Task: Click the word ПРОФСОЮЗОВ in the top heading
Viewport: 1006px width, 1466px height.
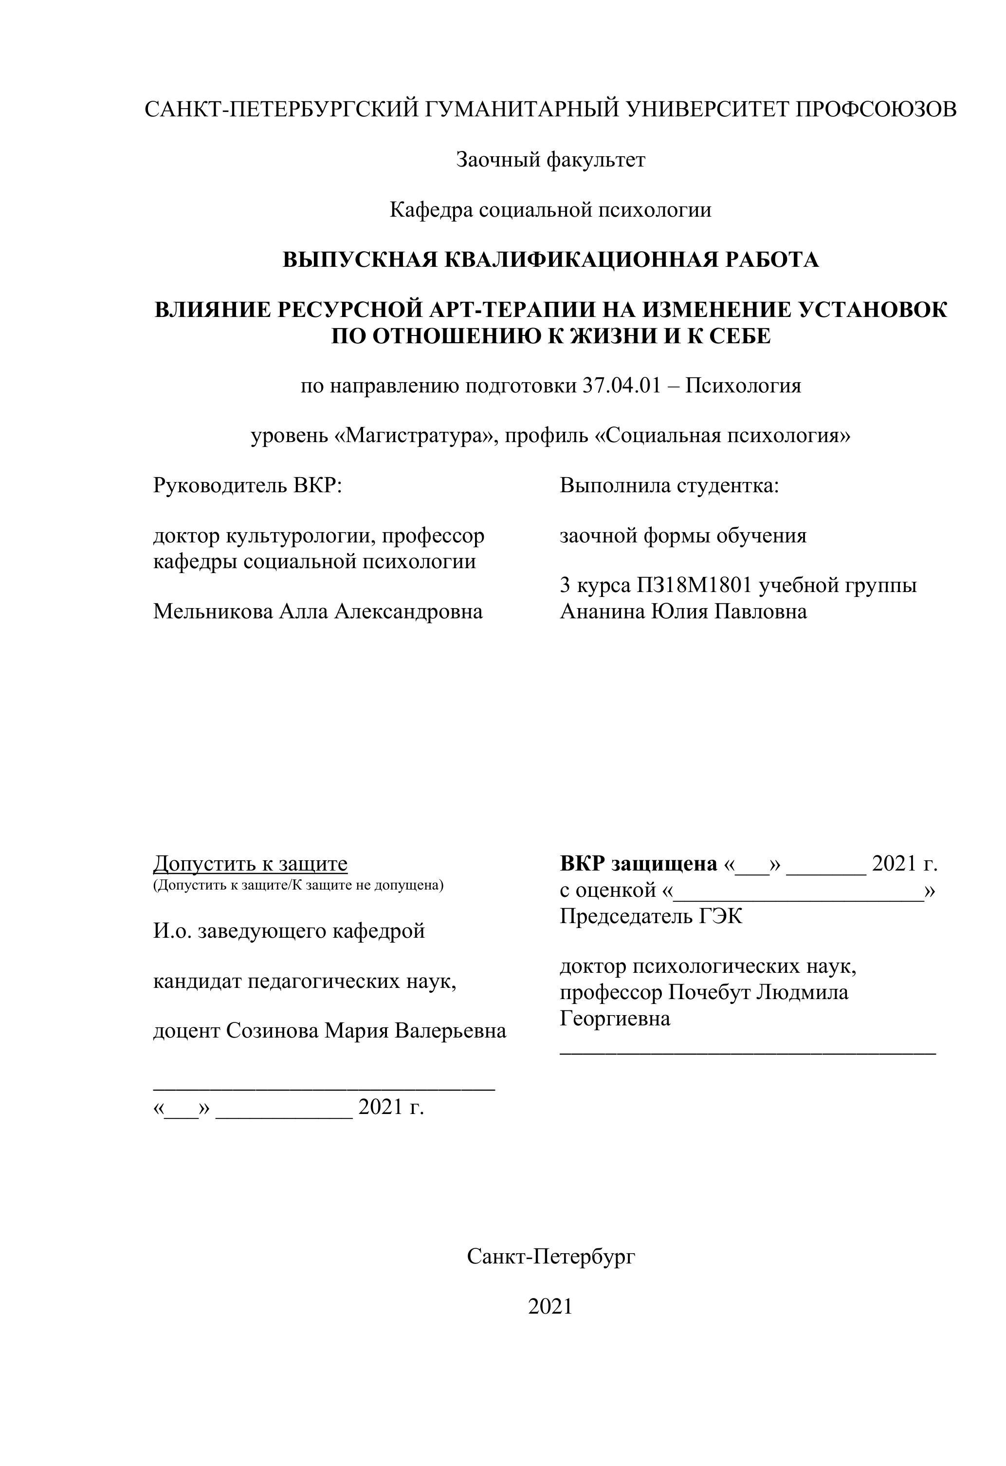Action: tap(876, 110)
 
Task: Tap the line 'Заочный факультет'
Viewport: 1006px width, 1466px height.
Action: tap(550, 160)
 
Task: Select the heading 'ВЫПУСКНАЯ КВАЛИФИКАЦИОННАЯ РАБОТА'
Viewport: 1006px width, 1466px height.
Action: tap(550, 260)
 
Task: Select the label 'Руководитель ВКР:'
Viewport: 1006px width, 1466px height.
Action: tap(247, 486)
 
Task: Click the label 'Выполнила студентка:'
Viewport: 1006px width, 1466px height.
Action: tap(669, 486)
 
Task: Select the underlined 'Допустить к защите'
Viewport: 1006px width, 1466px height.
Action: tap(250, 864)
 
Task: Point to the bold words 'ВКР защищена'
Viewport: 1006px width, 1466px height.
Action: tap(638, 864)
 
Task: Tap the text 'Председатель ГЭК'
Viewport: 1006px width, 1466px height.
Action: tap(651, 916)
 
